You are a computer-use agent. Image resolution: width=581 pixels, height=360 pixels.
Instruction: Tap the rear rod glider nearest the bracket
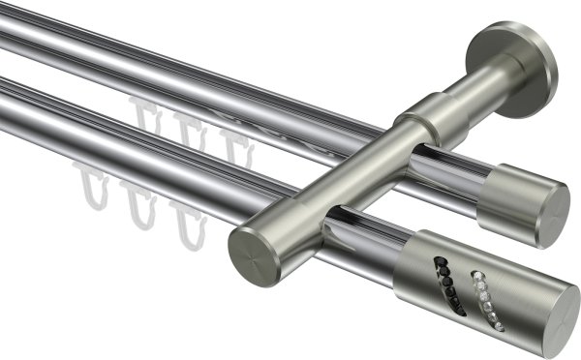point(234,145)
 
